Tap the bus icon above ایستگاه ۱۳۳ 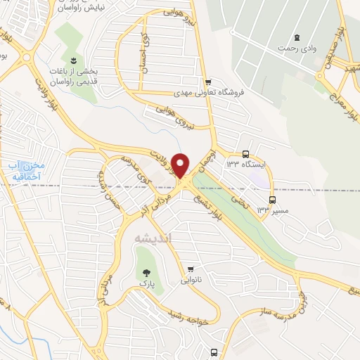pyautogui.click(x=245, y=154)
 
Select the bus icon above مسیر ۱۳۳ pyautogui.click(x=264, y=200)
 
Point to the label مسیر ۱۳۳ pyautogui.click(x=264, y=210)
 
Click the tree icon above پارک pyautogui.click(x=146, y=273)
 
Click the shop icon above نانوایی pyautogui.click(x=191, y=269)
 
